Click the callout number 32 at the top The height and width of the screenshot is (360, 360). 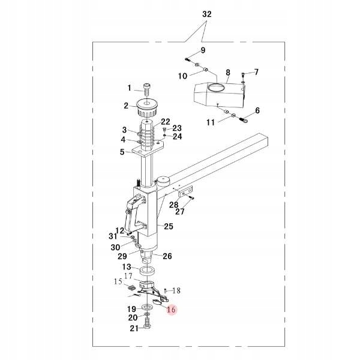(x=206, y=14)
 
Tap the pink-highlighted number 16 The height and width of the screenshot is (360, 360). (x=171, y=310)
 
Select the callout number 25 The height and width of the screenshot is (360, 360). (x=169, y=226)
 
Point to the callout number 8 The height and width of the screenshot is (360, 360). (x=227, y=73)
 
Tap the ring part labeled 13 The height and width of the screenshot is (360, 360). (x=148, y=271)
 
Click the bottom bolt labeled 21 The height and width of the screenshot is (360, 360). (x=147, y=323)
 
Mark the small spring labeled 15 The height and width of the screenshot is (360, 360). (x=131, y=287)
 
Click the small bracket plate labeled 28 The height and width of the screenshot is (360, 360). (x=185, y=193)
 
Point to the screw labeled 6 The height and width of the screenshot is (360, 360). (x=244, y=119)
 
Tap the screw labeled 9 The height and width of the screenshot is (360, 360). (x=188, y=59)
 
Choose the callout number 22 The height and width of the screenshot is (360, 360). (x=166, y=122)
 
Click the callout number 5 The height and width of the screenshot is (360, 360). (x=122, y=152)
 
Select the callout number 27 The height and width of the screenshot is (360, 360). (x=180, y=211)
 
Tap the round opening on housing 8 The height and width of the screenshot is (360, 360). (x=215, y=88)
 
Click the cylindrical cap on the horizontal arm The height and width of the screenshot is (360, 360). (x=163, y=180)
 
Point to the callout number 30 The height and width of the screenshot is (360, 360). (x=115, y=247)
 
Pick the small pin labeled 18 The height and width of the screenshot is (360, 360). (x=165, y=291)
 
